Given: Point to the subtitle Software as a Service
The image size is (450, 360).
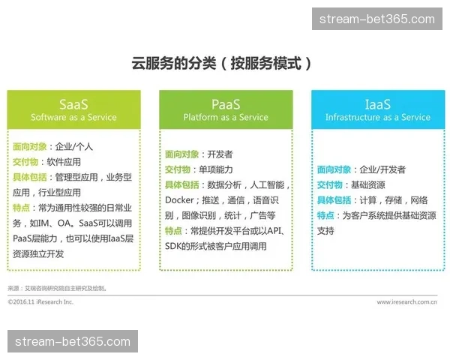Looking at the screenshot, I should point(73,118).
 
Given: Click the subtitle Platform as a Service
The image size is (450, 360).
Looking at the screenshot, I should point(226,118).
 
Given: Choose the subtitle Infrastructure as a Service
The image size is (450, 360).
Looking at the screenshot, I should point(377,118).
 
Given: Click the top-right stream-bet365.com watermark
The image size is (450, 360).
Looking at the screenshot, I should point(377,19).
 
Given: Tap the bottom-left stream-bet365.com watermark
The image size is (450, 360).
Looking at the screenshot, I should point(72,342).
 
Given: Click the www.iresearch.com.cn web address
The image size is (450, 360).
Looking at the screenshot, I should point(407,302).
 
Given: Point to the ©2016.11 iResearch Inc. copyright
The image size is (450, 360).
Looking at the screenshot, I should point(40,302).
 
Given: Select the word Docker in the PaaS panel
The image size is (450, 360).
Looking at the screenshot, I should point(179,200).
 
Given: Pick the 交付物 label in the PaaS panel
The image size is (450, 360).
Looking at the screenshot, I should point(181,169).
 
